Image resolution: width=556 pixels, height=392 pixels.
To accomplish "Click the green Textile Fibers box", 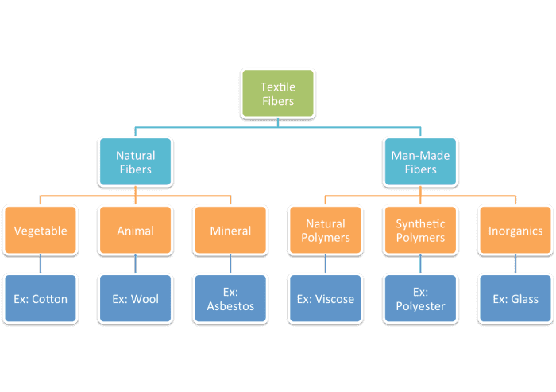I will (277, 95).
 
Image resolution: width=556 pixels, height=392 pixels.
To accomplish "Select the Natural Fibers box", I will (135, 162).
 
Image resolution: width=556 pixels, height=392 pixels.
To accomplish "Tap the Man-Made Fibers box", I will (420, 162).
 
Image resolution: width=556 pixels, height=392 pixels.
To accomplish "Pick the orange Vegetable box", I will (41, 231).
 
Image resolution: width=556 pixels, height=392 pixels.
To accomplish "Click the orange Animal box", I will (135, 231).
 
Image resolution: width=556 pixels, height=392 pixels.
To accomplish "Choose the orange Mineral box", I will (230, 231).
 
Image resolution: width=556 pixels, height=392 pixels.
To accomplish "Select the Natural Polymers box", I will (326, 231).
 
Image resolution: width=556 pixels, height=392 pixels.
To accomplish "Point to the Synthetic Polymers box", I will (420, 231).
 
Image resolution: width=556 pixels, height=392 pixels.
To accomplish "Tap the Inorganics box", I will (515, 231).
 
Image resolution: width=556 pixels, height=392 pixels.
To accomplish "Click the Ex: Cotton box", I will (41, 299).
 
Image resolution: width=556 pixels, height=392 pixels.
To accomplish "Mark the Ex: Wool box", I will (135, 299).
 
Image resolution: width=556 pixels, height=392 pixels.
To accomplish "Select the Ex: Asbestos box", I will (230, 299).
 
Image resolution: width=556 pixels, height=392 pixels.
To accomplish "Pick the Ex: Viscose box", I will (326, 299).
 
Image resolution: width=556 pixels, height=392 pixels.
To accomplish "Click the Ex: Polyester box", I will (420, 299).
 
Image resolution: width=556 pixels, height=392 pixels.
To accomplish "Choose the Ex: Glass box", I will (515, 299).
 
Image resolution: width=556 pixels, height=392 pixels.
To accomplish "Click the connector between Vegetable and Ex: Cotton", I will (41, 264).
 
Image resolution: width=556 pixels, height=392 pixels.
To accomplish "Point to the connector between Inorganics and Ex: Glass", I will (515, 264).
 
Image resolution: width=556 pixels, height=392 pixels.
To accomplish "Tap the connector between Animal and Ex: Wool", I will (135, 264).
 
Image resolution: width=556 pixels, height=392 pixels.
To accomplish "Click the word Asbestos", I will (230, 306).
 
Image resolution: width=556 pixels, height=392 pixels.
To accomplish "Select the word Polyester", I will (420, 306).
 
